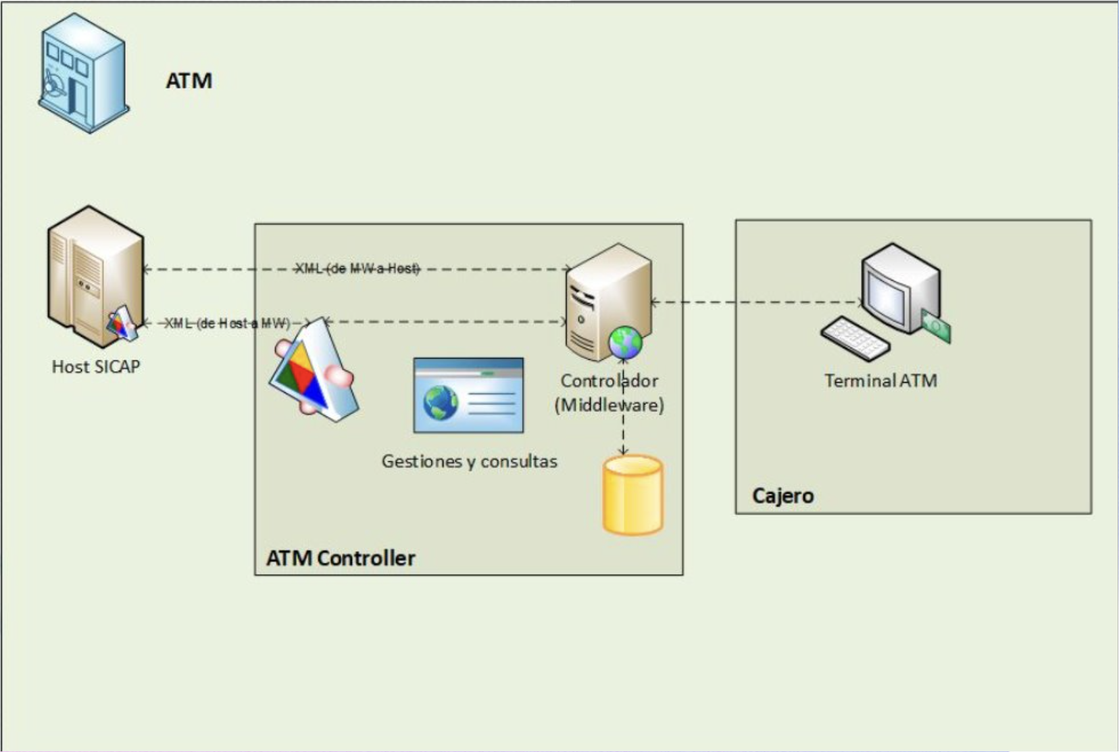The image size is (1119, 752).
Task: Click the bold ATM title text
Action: (x=189, y=81)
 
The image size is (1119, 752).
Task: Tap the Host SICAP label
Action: (x=96, y=367)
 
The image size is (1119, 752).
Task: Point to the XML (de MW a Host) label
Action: (x=357, y=268)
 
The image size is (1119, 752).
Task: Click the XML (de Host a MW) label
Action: (x=227, y=323)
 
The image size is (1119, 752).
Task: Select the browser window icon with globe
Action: (x=468, y=396)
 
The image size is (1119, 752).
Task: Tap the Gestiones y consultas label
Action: (x=469, y=461)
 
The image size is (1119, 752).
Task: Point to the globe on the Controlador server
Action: (x=625, y=342)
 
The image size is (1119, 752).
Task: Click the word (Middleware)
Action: (x=609, y=405)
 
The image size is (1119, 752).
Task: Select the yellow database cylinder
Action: (x=632, y=495)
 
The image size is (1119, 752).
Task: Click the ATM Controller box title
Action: (x=341, y=558)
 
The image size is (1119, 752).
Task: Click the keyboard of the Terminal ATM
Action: (x=855, y=338)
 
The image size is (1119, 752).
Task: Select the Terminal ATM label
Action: (x=880, y=381)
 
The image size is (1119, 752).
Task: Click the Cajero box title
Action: (x=782, y=496)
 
